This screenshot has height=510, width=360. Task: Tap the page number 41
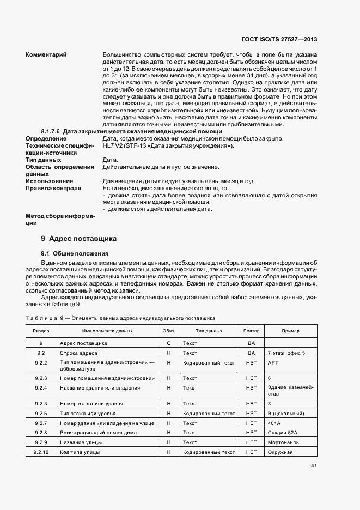click(314, 466)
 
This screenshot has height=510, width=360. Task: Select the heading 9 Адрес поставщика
click(78, 239)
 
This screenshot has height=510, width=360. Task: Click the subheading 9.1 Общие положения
click(75, 254)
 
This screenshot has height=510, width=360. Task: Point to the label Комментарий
click(46, 54)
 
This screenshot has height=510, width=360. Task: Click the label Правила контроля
click(53, 188)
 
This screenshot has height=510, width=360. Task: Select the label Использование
click(49, 181)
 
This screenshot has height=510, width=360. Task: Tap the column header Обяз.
click(168, 331)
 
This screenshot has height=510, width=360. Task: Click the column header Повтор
click(251, 331)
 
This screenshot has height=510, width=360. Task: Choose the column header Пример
click(290, 331)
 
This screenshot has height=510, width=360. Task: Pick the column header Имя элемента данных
click(107, 331)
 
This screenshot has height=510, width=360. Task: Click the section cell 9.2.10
click(41, 452)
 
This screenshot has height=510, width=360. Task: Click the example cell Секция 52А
click(283, 433)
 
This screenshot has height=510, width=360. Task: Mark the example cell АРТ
click(273, 362)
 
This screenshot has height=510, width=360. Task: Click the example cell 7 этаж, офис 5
click(286, 353)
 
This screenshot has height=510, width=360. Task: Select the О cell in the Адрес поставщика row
click(168, 343)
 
